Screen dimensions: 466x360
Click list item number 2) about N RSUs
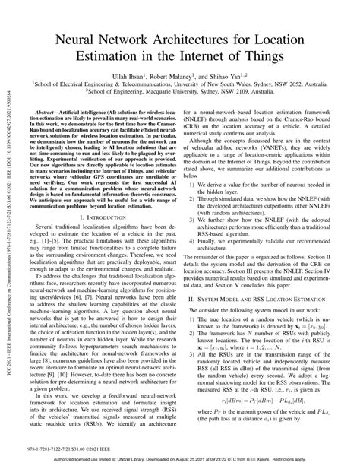(x=270, y=348)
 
